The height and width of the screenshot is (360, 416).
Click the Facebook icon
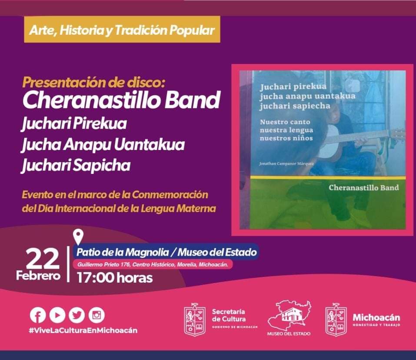pyautogui.click(x=38, y=315)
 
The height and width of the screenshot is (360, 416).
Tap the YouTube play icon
pyautogui.click(x=57, y=315)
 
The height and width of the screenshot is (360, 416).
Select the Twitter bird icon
pyautogui.click(x=77, y=315)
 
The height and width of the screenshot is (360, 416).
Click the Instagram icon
pyautogui.click(x=97, y=315)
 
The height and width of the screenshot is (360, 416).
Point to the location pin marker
pyautogui.click(x=79, y=237)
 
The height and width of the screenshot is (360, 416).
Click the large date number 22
pyautogui.click(x=43, y=259)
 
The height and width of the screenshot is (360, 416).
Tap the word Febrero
pyautogui.click(x=38, y=276)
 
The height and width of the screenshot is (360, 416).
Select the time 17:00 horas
pyautogui.click(x=115, y=278)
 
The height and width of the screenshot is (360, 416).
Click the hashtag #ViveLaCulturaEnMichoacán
pyautogui.click(x=83, y=330)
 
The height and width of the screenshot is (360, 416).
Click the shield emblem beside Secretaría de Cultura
pyautogui.click(x=195, y=320)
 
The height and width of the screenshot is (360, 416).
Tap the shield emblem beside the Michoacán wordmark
pyautogui.click(x=336, y=320)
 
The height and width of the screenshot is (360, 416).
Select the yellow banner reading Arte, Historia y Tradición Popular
pyautogui.click(x=122, y=30)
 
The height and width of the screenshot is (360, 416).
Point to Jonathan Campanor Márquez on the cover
pyautogui.click(x=286, y=163)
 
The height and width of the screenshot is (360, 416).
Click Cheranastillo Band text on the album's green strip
pyautogui.click(x=364, y=187)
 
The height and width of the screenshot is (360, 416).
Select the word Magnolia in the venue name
pyautogui.click(x=147, y=252)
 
